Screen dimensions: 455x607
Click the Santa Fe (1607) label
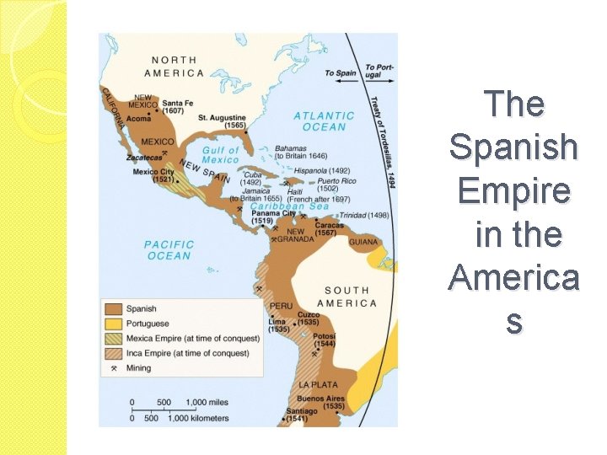click(178, 106)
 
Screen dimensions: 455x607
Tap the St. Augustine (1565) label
click(222, 120)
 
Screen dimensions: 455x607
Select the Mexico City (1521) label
click(153, 175)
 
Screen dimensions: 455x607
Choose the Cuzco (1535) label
click(308, 318)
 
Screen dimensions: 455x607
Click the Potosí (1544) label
click(324, 340)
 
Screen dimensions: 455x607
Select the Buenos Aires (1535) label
click(321, 401)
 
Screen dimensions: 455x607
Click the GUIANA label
click(363, 242)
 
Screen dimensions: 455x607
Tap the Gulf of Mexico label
click(221, 155)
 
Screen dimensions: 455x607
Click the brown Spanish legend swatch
click(113, 309)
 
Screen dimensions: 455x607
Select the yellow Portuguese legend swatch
click(113, 324)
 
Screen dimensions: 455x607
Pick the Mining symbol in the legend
click(113, 368)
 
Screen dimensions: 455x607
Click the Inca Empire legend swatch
click(113, 353)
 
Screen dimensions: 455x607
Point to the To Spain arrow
click(341, 73)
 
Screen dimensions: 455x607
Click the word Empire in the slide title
click(513, 190)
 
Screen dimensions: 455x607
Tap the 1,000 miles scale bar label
click(207, 403)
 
